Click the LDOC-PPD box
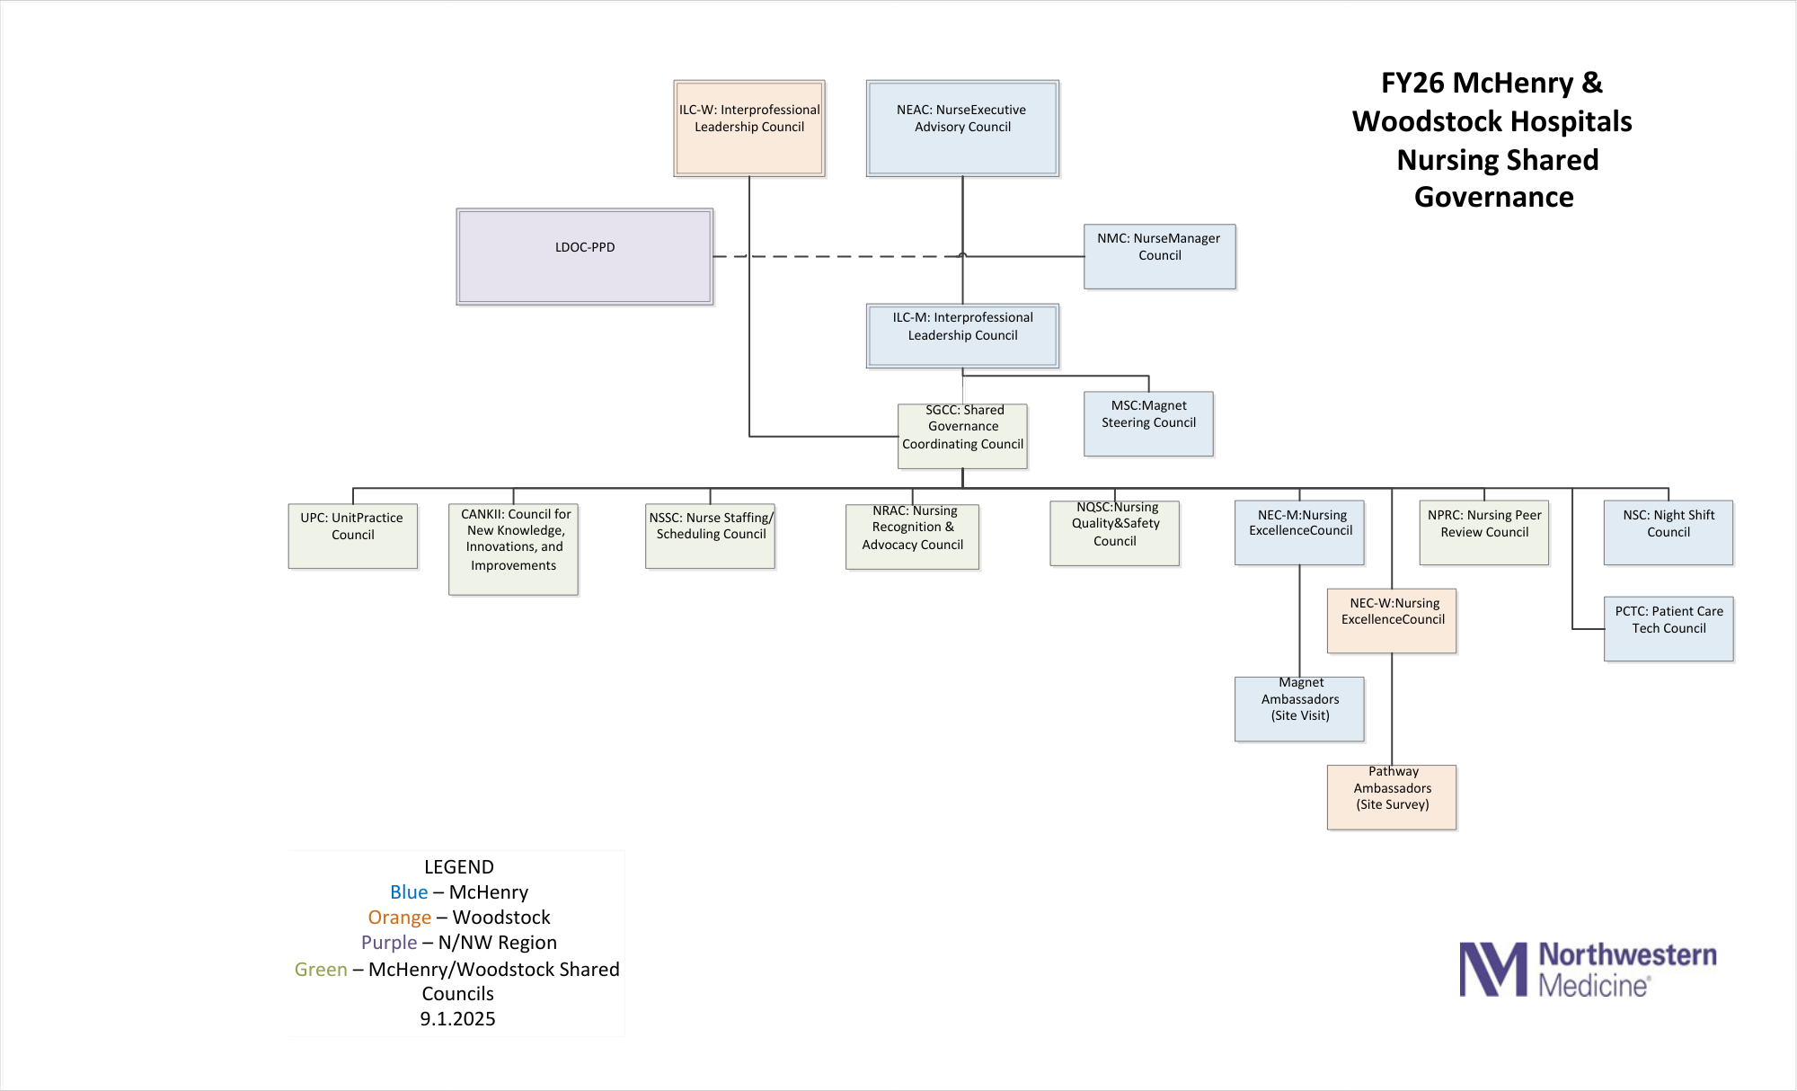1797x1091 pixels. click(x=585, y=256)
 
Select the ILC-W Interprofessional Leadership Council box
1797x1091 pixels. click(x=749, y=128)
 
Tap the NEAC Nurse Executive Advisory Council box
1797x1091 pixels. click(x=962, y=128)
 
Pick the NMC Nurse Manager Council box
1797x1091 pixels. click(x=1159, y=256)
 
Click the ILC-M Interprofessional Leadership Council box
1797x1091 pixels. click(x=962, y=335)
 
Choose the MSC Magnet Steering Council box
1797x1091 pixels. click(x=1148, y=423)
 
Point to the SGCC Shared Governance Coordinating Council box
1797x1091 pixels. click(x=962, y=436)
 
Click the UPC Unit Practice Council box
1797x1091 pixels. click(x=353, y=536)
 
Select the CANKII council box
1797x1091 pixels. click(x=513, y=548)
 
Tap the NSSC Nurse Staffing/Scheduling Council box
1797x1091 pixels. click(x=710, y=536)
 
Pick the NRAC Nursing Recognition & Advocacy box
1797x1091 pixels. click(x=912, y=537)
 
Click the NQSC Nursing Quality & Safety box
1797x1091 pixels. click(x=1114, y=533)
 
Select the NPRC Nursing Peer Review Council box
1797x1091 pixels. click(x=1484, y=532)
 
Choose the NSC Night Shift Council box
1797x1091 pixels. click(x=1669, y=532)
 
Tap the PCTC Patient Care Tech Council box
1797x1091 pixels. click(x=1669, y=628)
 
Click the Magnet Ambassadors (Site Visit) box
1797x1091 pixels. click(x=1299, y=708)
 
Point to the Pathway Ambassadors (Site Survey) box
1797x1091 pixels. click(x=1392, y=796)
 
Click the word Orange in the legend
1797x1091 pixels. click(x=400, y=918)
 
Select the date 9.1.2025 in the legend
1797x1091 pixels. click(x=457, y=1019)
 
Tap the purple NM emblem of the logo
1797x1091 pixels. click(x=1492, y=969)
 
